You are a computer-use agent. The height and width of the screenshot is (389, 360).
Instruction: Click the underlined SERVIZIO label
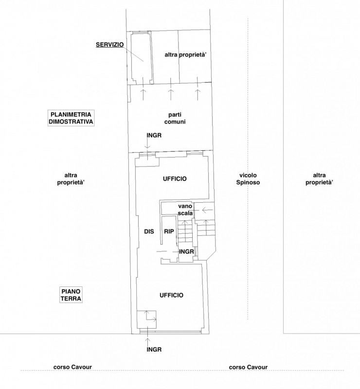tap(110, 45)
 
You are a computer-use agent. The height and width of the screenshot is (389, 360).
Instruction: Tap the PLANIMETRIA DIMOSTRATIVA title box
tap(71, 118)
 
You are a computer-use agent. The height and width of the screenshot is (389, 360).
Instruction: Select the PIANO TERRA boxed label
tap(71, 295)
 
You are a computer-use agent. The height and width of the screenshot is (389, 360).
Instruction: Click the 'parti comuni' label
tap(175, 118)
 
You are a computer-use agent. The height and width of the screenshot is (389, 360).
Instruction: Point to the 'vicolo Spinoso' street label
tap(248, 179)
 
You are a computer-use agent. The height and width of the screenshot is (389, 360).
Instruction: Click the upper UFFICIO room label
tap(175, 179)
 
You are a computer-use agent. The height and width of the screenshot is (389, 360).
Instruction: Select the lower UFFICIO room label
tap(171, 295)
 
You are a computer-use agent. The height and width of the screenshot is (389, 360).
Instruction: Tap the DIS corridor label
tap(149, 231)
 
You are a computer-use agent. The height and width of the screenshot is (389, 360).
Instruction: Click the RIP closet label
tap(169, 231)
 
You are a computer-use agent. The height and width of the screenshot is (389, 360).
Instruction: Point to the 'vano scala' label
tap(185, 210)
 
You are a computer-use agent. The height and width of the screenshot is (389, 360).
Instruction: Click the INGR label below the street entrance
tap(154, 350)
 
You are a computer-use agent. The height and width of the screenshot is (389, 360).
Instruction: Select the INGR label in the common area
tap(154, 136)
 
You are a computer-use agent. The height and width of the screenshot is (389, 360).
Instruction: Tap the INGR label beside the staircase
tap(186, 252)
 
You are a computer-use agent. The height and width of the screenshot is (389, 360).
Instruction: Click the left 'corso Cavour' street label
tap(72, 367)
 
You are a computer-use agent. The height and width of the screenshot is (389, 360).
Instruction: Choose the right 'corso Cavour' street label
tap(248, 367)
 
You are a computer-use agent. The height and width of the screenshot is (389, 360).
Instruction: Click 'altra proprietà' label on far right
tap(319, 179)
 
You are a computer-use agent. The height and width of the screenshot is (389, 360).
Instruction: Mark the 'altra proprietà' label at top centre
tap(186, 55)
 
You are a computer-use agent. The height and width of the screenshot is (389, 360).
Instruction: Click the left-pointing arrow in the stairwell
tap(208, 211)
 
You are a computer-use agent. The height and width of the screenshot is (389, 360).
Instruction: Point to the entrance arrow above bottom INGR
tap(148, 341)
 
